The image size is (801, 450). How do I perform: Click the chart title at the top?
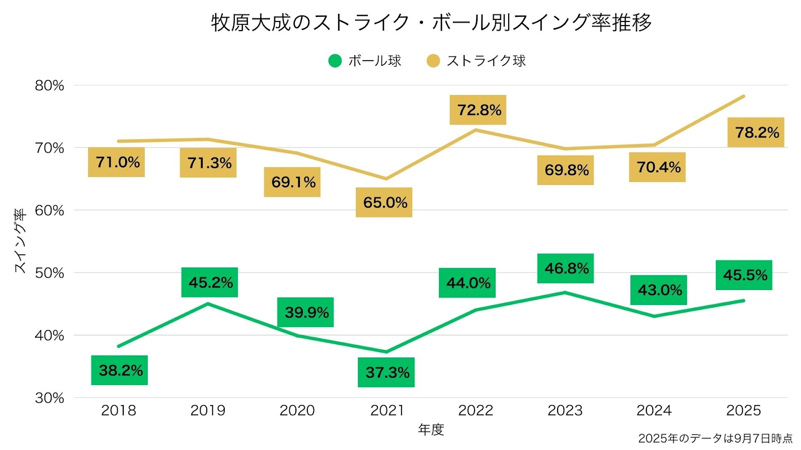pyautogui.click(x=431, y=22)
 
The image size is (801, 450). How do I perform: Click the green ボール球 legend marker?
pyautogui.click(x=335, y=61)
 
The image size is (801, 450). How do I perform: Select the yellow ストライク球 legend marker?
pyautogui.click(x=433, y=61)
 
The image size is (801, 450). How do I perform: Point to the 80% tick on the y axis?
pyautogui.click(x=50, y=85)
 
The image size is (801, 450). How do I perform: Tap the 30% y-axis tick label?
pyautogui.click(x=50, y=398)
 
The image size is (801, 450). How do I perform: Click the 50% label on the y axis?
pyautogui.click(x=50, y=273)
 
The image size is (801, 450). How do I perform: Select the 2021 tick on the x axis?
pyautogui.click(x=386, y=410)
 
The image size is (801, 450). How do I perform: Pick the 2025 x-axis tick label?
pyautogui.click(x=743, y=410)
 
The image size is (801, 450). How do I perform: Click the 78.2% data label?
pyautogui.click(x=756, y=132)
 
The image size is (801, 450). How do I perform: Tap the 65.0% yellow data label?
pyautogui.click(x=384, y=202)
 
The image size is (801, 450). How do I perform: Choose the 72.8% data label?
pyautogui.click(x=478, y=110)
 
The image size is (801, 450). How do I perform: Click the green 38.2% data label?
pyautogui.click(x=120, y=370)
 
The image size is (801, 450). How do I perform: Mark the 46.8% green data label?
pyautogui.click(x=566, y=268)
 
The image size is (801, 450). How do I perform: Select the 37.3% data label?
pyautogui.click(x=386, y=372)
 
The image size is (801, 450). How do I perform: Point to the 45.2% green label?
pyautogui.click(x=210, y=282)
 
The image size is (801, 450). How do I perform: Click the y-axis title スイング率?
pyautogui.click(x=20, y=241)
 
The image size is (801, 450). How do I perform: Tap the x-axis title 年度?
pyautogui.click(x=431, y=429)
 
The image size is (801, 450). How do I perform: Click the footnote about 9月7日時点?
pyautogui.click(x=715, y=438)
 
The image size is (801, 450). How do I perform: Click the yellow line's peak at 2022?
pyautogui.click(x=476, y=130)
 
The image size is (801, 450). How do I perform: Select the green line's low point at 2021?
pyautogui.click(x=386, y=351)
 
